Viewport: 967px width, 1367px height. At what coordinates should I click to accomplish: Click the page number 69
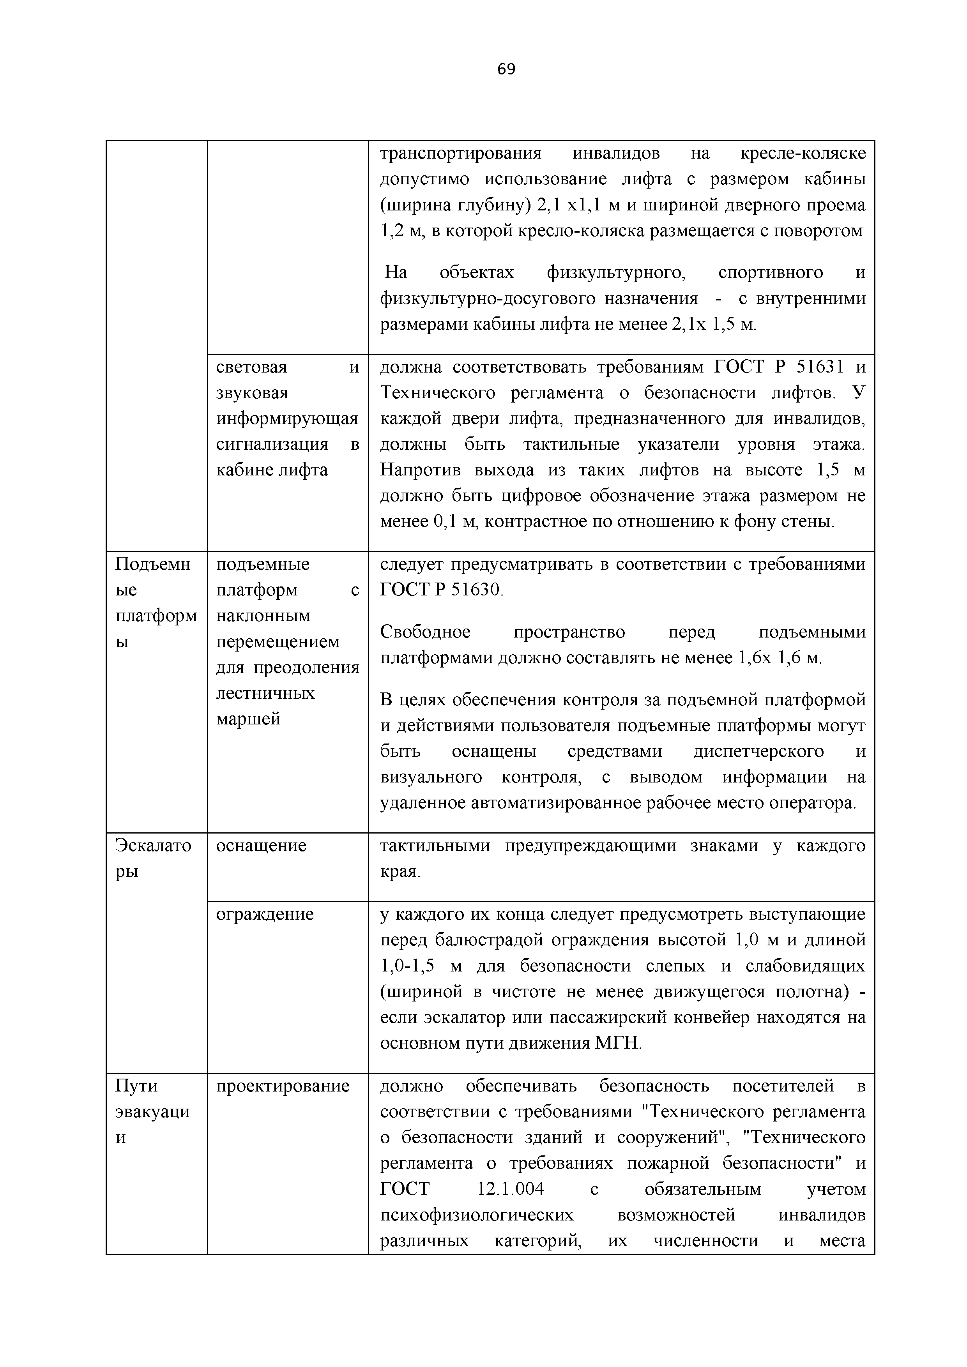click(506, 70)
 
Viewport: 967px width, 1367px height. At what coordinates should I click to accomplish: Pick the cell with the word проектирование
click(283, 1086)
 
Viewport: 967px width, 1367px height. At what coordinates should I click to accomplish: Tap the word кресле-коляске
click(803, 154)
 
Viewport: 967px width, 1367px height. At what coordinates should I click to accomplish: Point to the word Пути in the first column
click(136, 1086)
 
